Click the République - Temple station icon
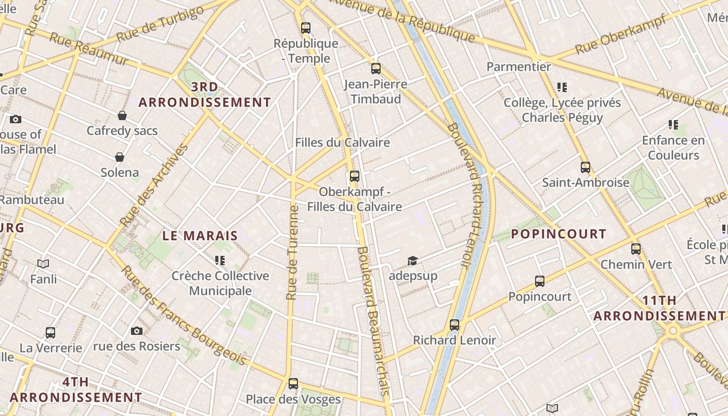tap(306, 28)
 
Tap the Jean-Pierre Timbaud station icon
tap(376, 69)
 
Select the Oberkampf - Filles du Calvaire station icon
tap(355, 176)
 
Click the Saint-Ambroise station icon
tap(586, 167)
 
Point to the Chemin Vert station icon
tap(636, 249)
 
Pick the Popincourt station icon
tap(540, 281)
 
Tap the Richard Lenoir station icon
tap(454, 325)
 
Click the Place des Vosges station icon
tap(293, 384)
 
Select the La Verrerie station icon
tap(50, 333)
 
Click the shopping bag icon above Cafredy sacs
tap(122, 115)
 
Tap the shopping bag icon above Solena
tap(120, 157)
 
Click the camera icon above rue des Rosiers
tap(137, 331)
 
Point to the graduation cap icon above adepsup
tap(412, 261)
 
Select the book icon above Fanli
tap(43, 264)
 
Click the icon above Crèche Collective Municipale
tap(220, 260)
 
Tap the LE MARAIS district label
tap(200, 236)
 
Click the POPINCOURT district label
tap(558, 234)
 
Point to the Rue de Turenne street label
tap(293, 253)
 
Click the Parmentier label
tap(518, 67)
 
